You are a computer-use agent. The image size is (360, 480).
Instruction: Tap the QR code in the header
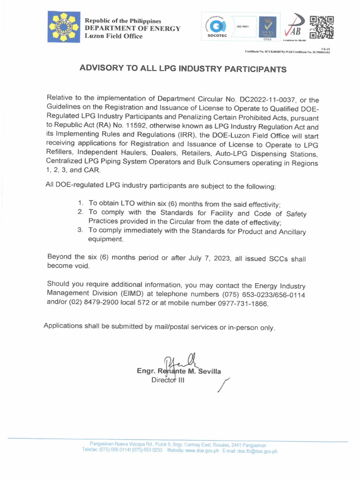(x=322, y=27)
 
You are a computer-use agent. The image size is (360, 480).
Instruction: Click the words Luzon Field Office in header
(x=113, y=37)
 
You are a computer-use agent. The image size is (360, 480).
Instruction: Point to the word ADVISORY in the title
(x=101, y=68)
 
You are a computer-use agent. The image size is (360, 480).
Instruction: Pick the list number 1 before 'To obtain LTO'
(x=80, y=203)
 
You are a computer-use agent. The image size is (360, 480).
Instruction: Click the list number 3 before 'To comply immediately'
(x=80, y=230)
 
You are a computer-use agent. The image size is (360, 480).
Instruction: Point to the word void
(x=80, y=266)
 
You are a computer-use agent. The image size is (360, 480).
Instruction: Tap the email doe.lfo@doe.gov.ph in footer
(x=257, y=451)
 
